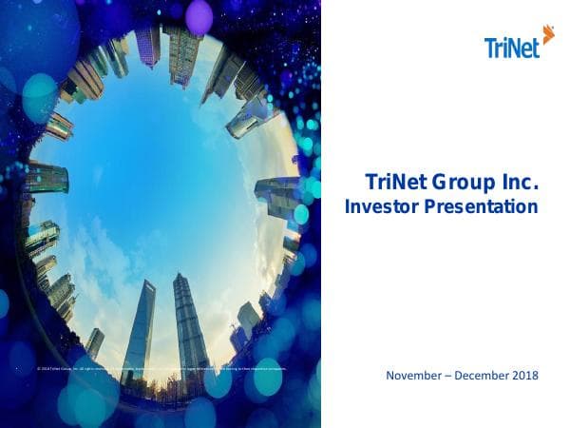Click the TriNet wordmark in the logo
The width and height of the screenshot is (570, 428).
point(511,47)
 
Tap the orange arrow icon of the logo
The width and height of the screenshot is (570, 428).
point(547,34)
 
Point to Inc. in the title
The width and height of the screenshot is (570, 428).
point(520,182)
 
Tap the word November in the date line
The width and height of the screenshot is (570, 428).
point(415,376)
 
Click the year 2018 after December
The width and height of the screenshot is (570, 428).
point(525,376)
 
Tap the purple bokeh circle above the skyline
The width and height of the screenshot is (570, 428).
point(199,16)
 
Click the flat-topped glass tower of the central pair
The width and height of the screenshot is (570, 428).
point(140,328)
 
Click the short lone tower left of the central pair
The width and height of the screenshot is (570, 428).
point(95,342)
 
